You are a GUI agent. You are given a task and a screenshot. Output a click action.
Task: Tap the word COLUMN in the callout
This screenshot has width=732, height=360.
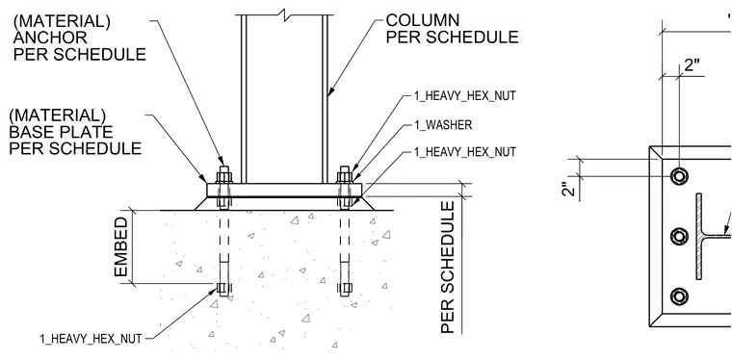pyautogui.click(x=423, y=20)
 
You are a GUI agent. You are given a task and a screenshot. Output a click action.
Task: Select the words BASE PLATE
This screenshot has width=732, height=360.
pyautogui.click(x=61, y=132)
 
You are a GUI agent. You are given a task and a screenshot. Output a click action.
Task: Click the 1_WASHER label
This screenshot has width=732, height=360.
pyautogui.click(x=443, y=125)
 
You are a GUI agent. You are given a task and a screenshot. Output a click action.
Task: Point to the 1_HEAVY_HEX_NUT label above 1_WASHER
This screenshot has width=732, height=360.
pyautogui.click(x=465, y=96)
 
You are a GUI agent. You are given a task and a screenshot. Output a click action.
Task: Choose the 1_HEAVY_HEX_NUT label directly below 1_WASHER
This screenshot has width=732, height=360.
pyautogui.click(x=465, y=152)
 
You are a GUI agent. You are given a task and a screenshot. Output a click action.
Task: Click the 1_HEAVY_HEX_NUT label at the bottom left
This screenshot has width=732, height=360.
pyautogui.click(x=91, y=339)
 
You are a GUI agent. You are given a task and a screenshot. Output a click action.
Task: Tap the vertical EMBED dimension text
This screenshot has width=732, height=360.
pyautogui.click(x=121, y=246)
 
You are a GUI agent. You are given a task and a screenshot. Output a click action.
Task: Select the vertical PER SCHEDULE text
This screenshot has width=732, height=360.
pyautogui.click(x=448, y=268)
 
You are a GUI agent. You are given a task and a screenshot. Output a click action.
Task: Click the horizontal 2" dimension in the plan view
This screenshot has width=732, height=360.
pyautogui.click(x=693, y=65)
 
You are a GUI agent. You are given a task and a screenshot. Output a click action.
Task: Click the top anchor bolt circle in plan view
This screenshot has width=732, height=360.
pyautogui.click(x=679, y=176)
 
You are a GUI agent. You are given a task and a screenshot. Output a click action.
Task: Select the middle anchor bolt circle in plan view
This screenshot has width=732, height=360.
pyautogui.click(x=679, y=237)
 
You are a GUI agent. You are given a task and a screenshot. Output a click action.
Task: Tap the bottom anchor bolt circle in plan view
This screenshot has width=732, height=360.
pyautogui.click(x=679, y=296)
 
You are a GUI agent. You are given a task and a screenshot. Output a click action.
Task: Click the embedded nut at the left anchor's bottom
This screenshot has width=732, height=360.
pyautogui.click(x=223, y=288)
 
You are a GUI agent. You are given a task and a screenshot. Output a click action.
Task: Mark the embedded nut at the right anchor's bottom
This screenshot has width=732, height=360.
pyautogui.click(x=345, y=289)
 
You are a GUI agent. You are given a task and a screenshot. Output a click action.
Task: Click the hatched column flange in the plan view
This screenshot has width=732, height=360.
pyautogui.click(x=699, y=237)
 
